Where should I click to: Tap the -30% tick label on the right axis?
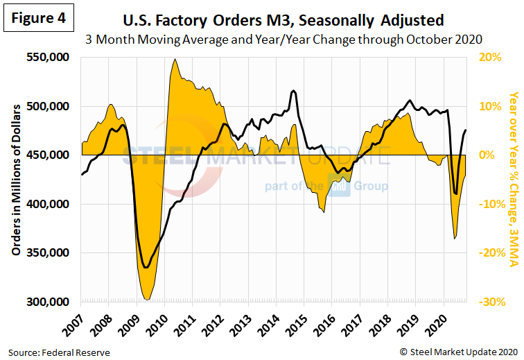pos(489,302)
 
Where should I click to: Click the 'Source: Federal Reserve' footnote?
pos(60,352)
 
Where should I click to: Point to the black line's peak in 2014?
pos(294,91)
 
